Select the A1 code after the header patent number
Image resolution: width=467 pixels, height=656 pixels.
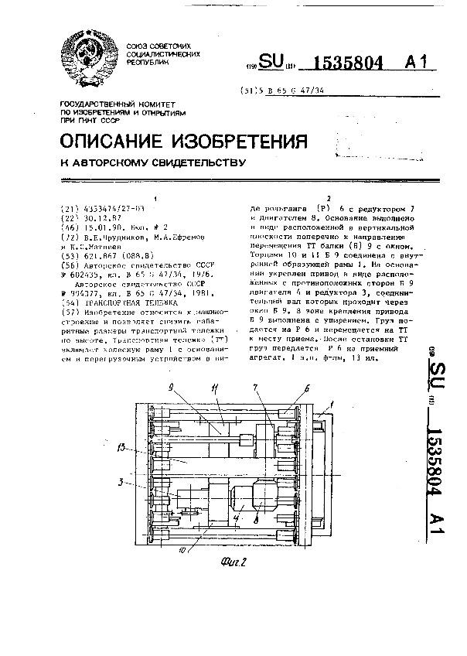[416, 63]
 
